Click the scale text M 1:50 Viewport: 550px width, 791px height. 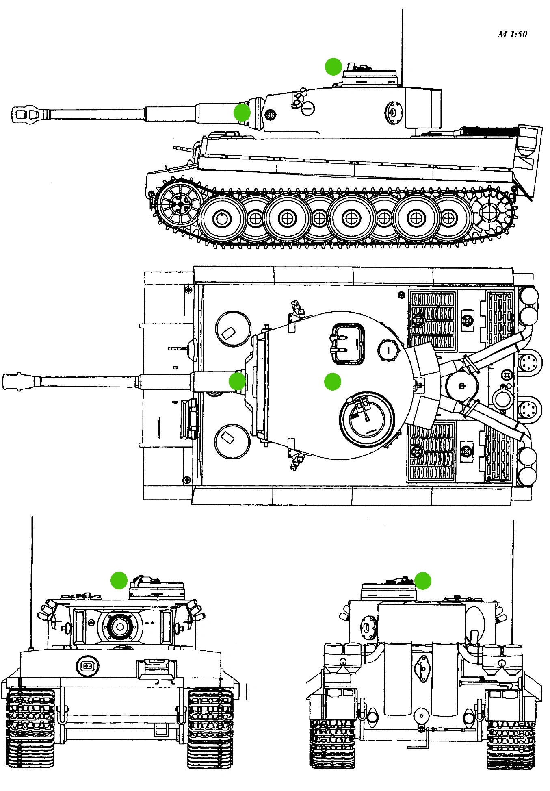point(512,34)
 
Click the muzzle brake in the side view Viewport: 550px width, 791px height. point(25,114)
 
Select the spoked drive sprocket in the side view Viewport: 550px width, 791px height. point(179,203)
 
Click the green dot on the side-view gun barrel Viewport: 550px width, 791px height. point(242,112)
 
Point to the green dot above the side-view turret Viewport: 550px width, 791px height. point(333,67)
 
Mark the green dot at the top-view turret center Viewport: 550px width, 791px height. point(332,382)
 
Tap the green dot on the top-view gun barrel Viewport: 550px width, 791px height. point(237,381)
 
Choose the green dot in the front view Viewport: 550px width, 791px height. point(119,580)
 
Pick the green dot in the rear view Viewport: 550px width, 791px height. point(422,580)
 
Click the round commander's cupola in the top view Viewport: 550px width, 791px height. point(367,419)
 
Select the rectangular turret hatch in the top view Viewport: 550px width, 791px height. point(348,344)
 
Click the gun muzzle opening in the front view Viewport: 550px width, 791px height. point(120,627)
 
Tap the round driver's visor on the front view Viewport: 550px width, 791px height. point(87,666)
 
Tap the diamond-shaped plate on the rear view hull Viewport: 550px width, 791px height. point(422,669)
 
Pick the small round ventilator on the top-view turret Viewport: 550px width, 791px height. point(388,350)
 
